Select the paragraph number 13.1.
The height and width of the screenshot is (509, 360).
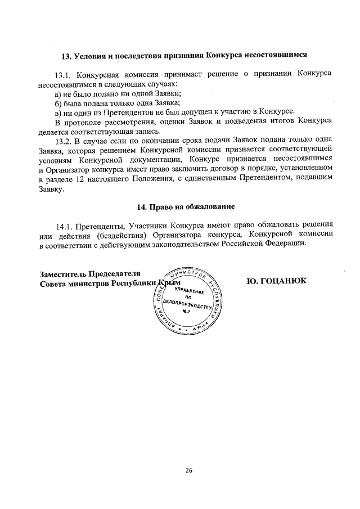coord(62,74)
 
